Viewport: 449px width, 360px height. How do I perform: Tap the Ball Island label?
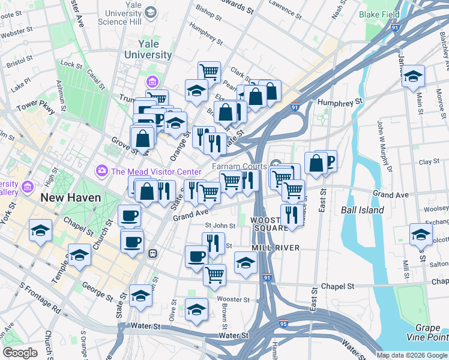(x=362, y=211)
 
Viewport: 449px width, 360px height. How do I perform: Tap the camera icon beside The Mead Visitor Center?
(x=101, y=172)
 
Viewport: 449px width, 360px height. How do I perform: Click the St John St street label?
(x=220, y=226)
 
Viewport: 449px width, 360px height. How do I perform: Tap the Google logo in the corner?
(x=20, y=353)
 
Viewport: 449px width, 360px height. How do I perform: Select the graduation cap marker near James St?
(x=413, y=76)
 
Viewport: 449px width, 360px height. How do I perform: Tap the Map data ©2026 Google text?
(x=412, y=355)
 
